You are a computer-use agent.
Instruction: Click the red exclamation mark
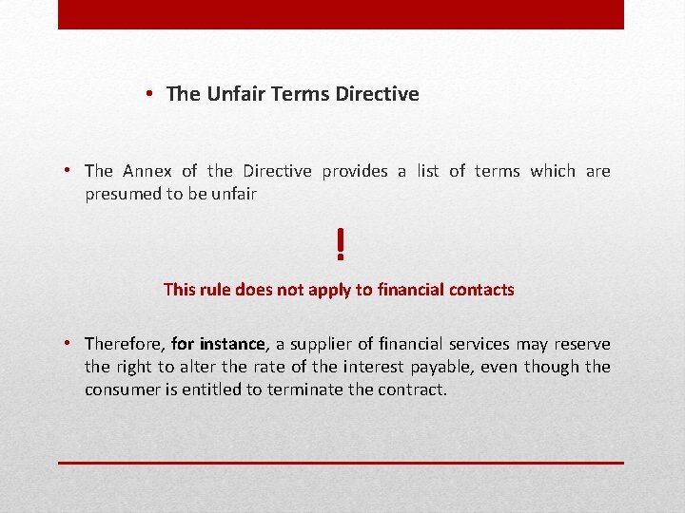coord(340,245)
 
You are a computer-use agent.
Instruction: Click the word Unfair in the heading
coord(233,94)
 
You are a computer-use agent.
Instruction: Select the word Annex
coord(147,171)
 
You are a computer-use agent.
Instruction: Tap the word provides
coord(355,171)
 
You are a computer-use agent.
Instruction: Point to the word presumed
coord(123,194)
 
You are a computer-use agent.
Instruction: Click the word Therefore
coord(124,344)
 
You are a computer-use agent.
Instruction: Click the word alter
coord(207,367)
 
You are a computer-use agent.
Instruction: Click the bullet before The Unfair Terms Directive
coord(151,94)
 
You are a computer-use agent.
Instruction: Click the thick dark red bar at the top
coord(341,14)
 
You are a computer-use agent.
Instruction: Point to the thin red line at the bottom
coord(341,463)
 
